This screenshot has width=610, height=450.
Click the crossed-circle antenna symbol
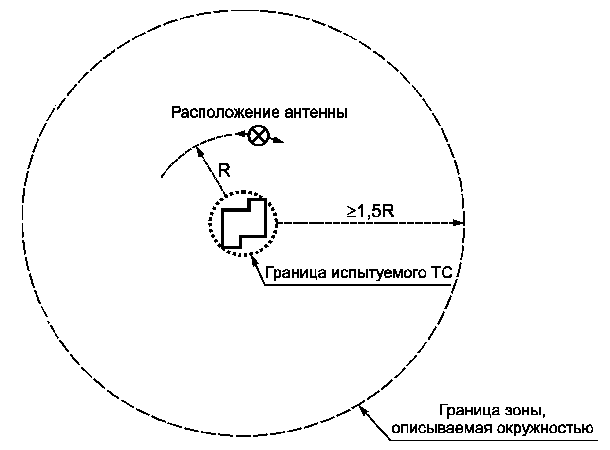point(258,135)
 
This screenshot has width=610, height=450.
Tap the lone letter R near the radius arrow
point(224,171)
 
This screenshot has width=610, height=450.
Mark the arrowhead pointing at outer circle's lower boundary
point(363,411)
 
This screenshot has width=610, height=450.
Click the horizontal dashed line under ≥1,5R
point(365,223)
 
